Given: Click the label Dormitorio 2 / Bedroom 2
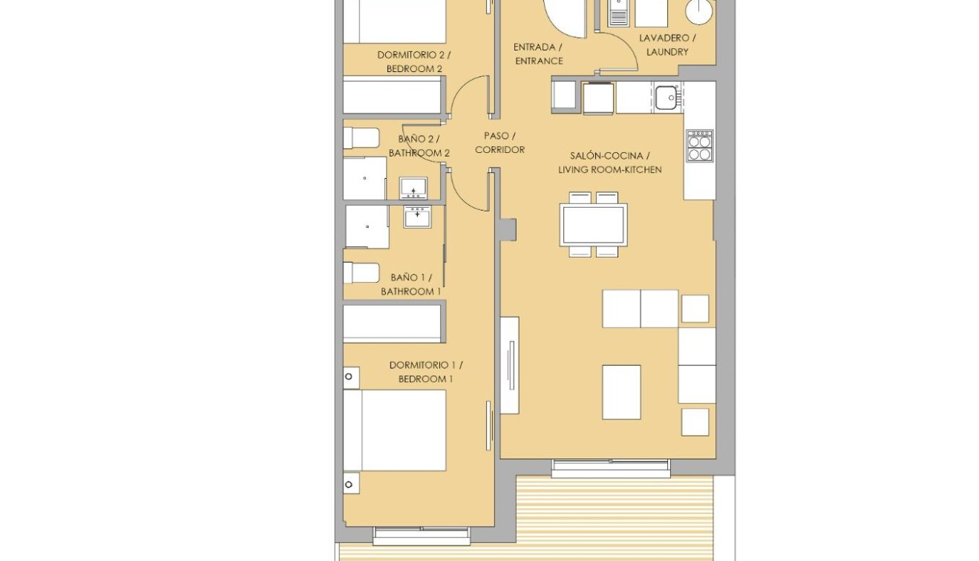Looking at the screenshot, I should click(413, 62).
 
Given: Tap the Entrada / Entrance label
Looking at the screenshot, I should click(538, 54).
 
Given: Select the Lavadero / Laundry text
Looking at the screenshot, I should click(667, 45).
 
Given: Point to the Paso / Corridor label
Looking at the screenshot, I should click(500, 142).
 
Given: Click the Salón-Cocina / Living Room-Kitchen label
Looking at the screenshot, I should click(609, 163).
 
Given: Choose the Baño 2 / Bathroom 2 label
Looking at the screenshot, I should click(419, 145).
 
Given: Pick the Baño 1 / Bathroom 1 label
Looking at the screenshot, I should click(410, 284).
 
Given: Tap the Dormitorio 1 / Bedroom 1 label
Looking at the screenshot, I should click(425, 372).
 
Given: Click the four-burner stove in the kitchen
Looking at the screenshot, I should click(699, 145).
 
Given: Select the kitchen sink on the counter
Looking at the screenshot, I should click(667, 96).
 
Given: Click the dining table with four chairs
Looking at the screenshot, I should click(593, 225).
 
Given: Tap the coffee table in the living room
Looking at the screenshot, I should click(621, 392).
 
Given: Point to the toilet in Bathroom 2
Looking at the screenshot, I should click(361, 138).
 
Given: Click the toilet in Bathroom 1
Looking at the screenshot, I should click(361, 272).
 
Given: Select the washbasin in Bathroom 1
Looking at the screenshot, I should click(417, 217).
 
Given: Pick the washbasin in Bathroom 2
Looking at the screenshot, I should click(413, 188).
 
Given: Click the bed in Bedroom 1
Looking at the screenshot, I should click(394, 430).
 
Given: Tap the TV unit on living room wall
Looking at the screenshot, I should click(509, 364).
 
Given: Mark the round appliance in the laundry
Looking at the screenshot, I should click(698, 11).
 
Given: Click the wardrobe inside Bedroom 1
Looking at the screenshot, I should click(393, 323).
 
